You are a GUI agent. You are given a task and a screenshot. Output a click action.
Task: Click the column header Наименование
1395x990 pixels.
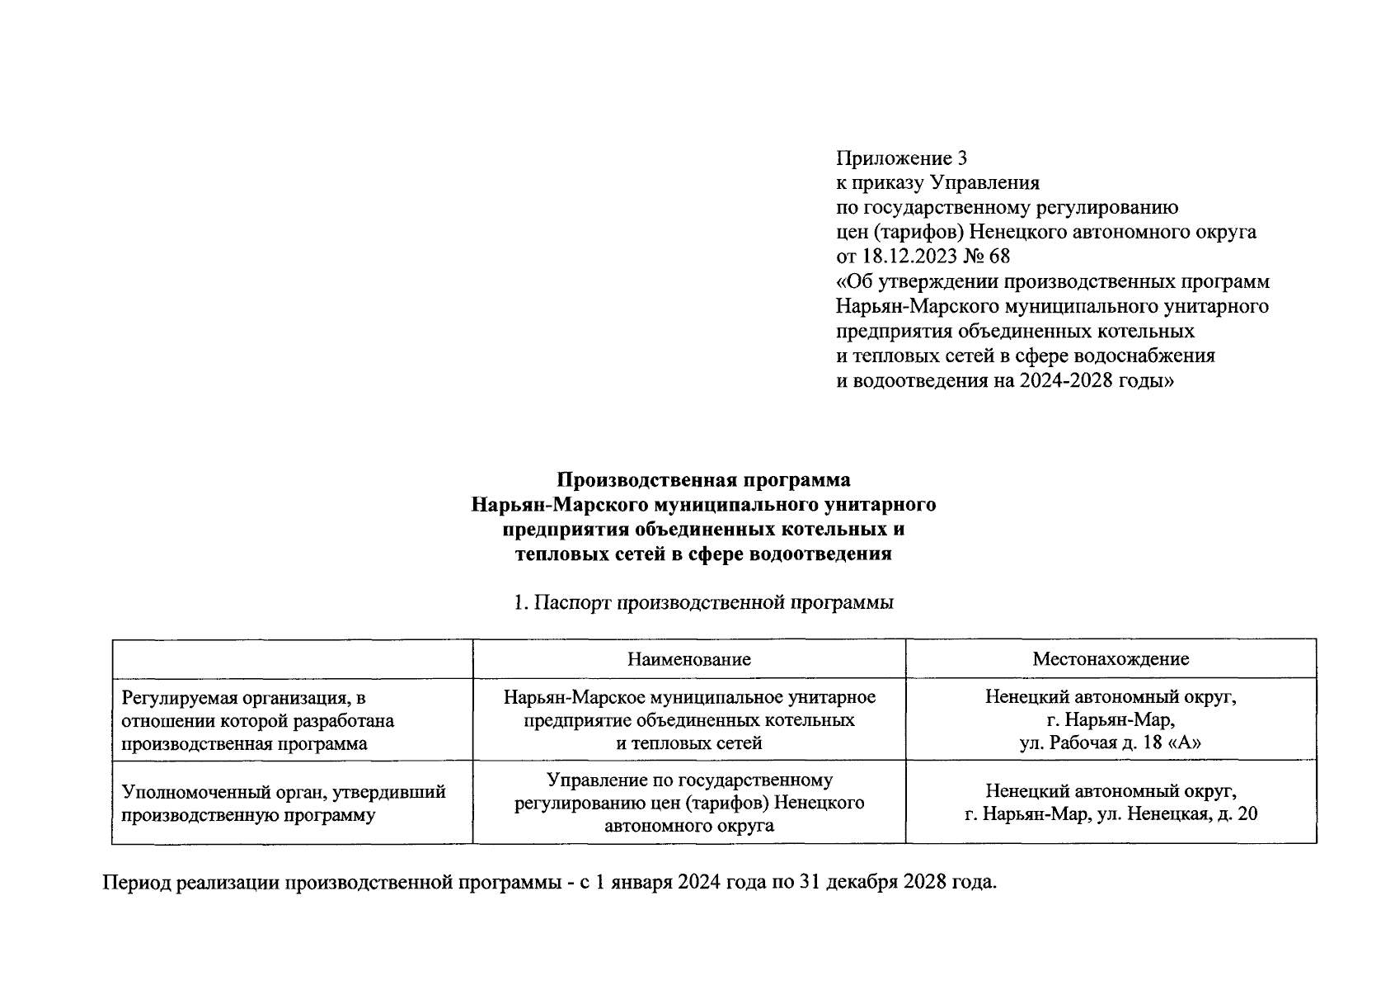(x=688, y=659)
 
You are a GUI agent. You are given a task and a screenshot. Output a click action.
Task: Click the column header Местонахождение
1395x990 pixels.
(x=1110, y=659)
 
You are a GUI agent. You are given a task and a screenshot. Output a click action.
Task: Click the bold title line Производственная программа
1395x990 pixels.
(x=703, y=479)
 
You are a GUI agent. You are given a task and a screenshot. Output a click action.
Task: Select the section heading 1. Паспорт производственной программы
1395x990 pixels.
(x=703, y=603)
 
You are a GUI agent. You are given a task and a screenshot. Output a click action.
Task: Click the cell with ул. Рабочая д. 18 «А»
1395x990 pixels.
(x=1110, y=743)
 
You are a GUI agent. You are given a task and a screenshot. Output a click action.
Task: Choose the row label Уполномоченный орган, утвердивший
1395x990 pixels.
(x=284, y=792)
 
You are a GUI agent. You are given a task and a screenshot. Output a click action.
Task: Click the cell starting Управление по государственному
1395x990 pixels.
(x=688, y=780)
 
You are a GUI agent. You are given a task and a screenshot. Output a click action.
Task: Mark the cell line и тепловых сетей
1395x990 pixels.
(x=688, y=743)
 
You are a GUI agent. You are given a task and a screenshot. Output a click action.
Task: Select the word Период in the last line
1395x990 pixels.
(x=134, y=883)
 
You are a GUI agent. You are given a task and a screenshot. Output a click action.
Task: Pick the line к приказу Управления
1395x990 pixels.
(x=937, y=182)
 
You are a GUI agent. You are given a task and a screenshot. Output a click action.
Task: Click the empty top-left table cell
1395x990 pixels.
(x=293, y=659)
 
